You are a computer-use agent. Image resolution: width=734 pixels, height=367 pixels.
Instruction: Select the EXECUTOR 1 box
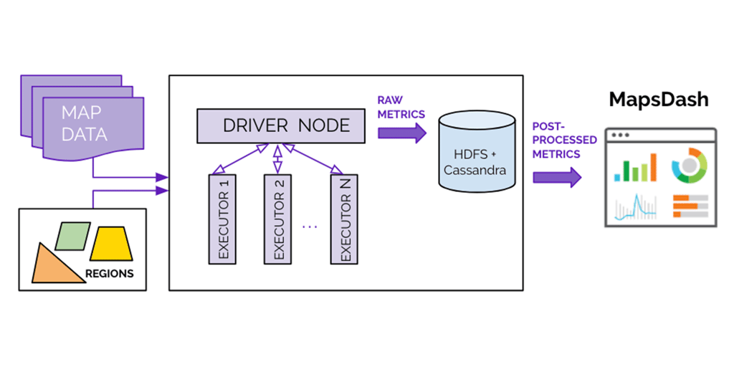point(223,218)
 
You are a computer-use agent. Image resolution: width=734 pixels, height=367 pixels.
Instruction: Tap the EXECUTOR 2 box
point(279,218)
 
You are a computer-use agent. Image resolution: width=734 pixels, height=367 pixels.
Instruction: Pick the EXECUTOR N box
point(345,218)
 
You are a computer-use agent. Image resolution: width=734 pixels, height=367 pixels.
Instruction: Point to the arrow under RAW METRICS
point(402,132)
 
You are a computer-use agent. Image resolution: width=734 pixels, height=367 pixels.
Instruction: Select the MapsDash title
point(658,100)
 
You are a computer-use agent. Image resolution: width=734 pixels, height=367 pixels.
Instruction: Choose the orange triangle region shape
point(55,264)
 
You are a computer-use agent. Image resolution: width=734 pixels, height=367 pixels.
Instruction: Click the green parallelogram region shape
point(72,236)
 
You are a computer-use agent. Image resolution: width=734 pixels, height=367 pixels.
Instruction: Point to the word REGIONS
point(109,273)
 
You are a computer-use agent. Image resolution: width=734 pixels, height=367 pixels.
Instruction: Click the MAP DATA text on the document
point(84,124)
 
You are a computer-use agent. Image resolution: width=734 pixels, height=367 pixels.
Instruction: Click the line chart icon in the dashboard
point(635,207)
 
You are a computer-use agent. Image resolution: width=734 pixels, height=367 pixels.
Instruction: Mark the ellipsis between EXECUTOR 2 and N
point(310,226)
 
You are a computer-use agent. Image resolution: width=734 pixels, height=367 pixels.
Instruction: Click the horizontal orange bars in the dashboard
point(690,206)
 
